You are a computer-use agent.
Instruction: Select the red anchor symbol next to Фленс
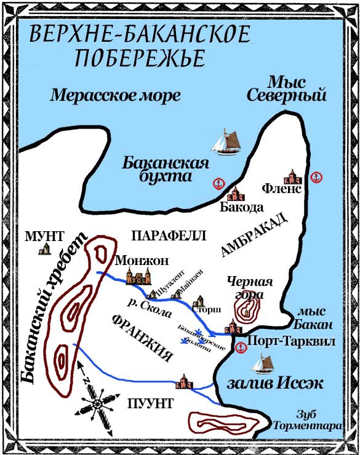point(317,177)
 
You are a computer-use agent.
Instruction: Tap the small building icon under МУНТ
point(44,248)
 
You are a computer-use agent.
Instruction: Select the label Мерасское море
point(115,95)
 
